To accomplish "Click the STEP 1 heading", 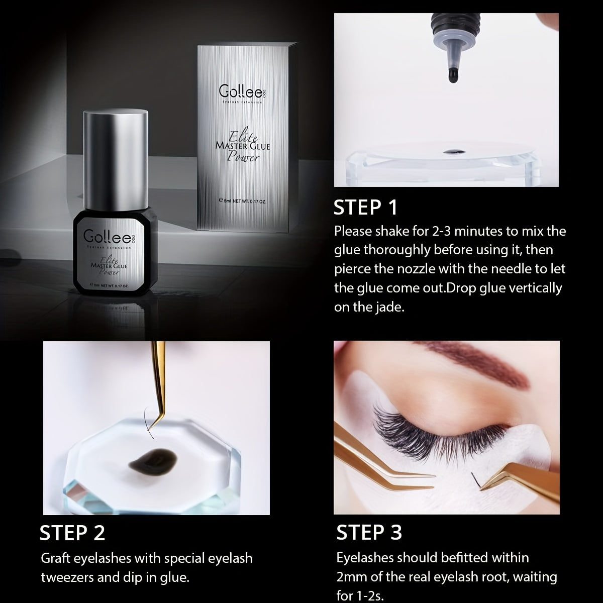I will click(x=365, y=207).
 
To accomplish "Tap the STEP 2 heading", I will click(x=72, y=533).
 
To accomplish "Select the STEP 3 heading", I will click(x=369, y=532).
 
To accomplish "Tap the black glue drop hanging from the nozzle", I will click(x=453, y=75).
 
